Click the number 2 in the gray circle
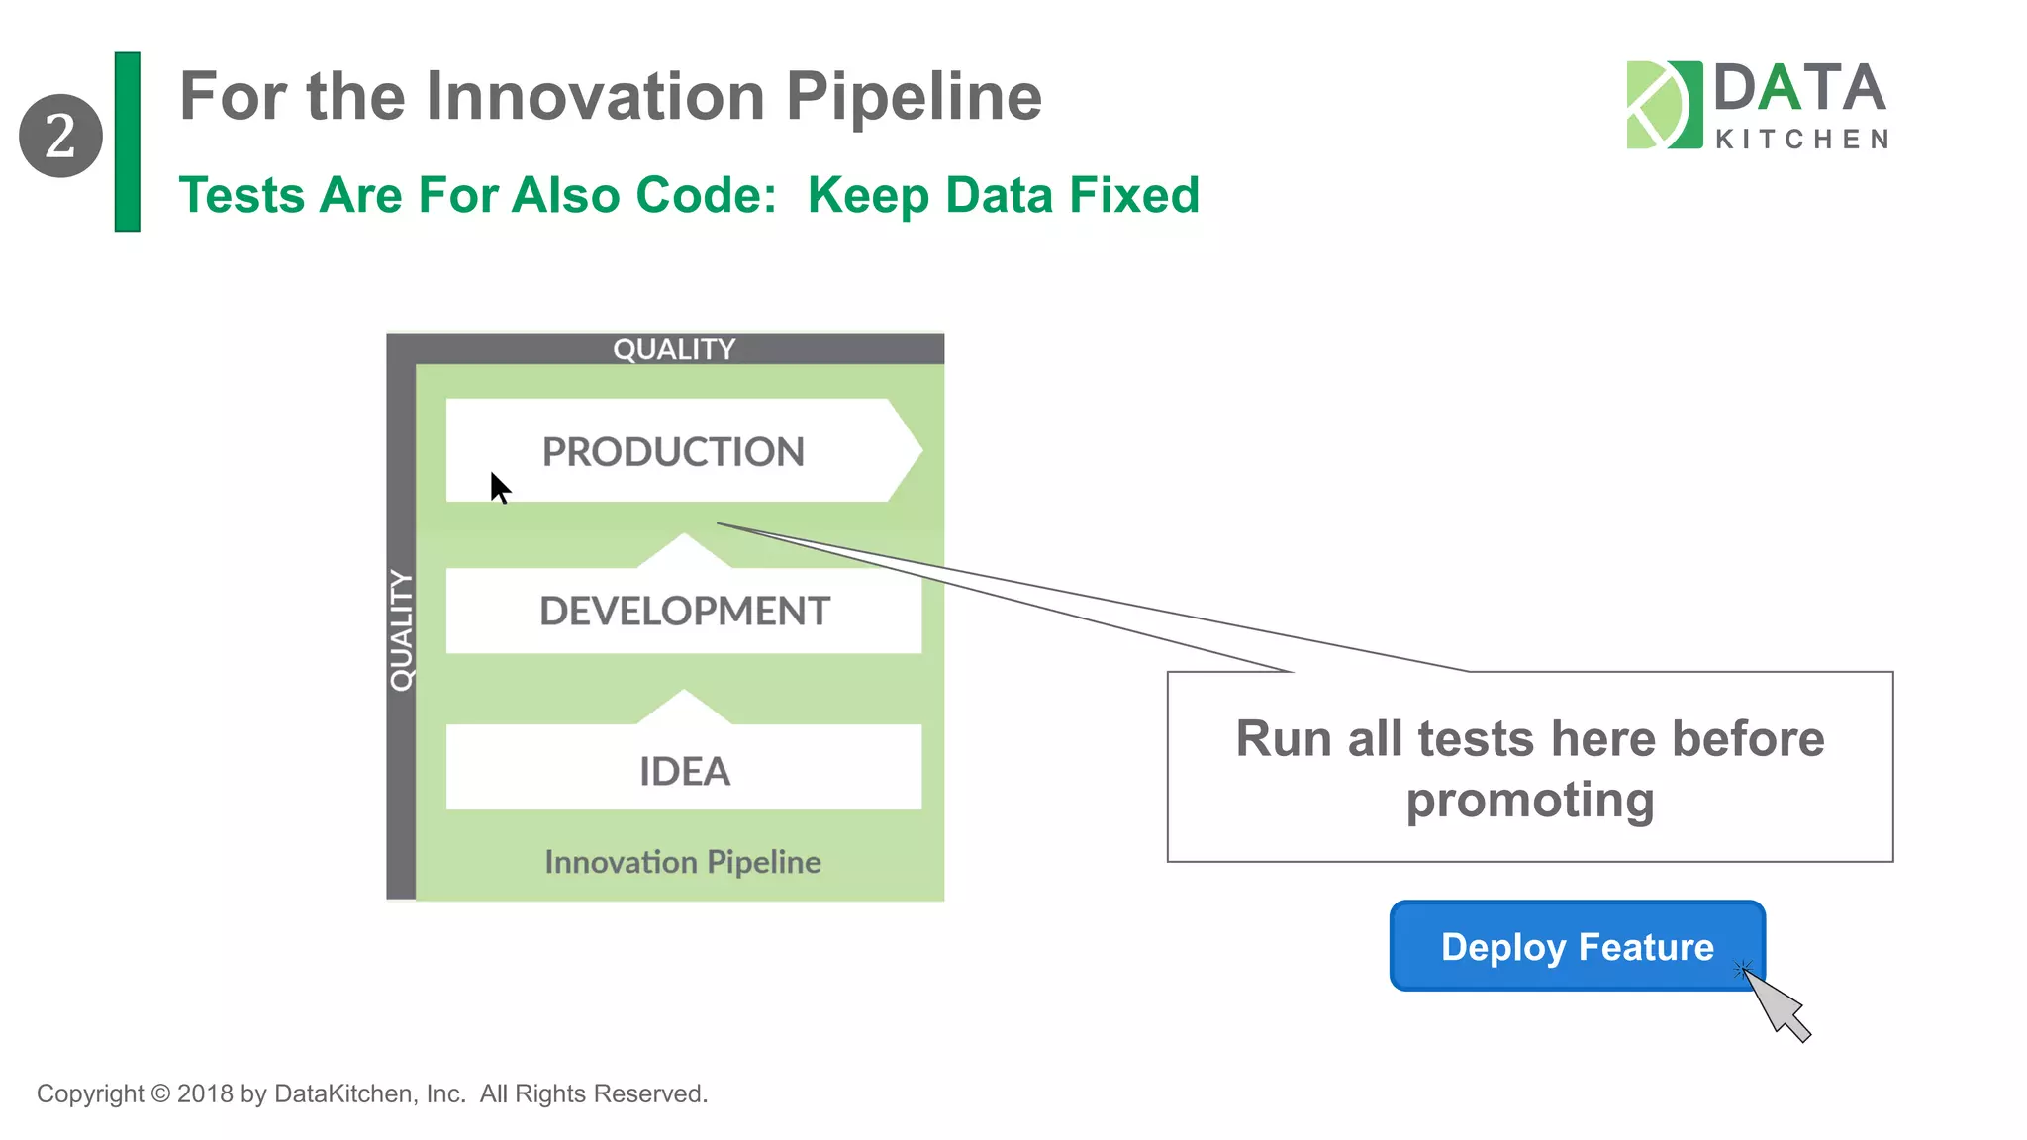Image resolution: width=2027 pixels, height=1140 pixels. coord(60,137)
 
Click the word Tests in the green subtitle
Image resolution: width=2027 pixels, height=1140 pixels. coord(241,195)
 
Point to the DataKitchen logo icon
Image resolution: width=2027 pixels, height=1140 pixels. coord(1664,105)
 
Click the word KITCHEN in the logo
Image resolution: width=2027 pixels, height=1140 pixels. coord(1801,140)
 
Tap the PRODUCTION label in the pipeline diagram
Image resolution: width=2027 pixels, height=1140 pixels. coord(673,452)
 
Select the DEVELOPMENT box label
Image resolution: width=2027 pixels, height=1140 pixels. coord(684,612)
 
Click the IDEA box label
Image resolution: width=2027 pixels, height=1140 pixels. coord(684,772)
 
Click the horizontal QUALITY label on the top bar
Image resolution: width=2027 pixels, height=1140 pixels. coord(674,349)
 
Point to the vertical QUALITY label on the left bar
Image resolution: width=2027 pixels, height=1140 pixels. coord(401,630)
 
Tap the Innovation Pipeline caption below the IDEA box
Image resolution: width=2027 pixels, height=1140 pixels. coord(683,862)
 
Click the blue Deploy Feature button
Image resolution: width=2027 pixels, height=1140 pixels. coord(1577,946)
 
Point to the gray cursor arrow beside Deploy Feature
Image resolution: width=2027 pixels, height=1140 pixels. coord(1778,1005)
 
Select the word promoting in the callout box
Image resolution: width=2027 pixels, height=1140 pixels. coord(1530,800)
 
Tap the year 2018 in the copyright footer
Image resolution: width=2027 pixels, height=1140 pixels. coord(205,1093)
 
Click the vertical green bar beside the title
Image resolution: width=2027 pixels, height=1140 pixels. coord(128,142)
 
